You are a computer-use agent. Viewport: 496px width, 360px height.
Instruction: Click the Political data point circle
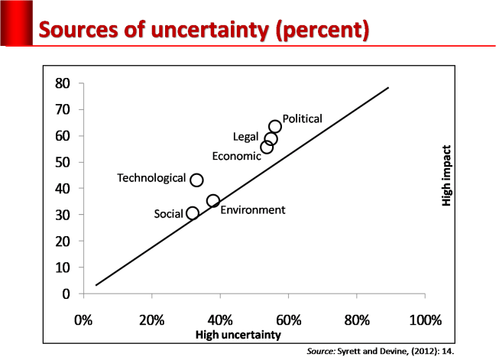pyautogui.click(x=275, y=126)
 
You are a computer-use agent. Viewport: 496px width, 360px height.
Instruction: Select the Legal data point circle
pyautogui.click(x=271, y=138)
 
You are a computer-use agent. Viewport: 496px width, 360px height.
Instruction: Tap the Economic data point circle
pyautogui.click(x=267, y=147)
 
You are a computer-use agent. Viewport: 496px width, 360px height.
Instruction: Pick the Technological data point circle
pyautogui.click(x=196, y=180)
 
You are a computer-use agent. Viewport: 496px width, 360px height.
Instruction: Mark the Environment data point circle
pyautogui.click(x=213, y=200)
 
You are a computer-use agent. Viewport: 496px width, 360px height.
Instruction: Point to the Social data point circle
pyautogui.click(x=193, y=213)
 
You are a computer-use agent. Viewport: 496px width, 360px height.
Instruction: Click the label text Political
pyautogui.click(x=303, y=118)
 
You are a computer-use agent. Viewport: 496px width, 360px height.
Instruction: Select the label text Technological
pyautogui.click(x=151, y=178)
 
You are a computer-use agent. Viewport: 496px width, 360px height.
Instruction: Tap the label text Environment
pyautogui.click(x=252, y=210)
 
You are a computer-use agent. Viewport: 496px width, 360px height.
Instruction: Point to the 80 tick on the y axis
pyautogui.click(x=63, y=83)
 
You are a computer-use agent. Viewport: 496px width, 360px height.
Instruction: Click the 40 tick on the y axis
pyautogui.click(x=63, y=189)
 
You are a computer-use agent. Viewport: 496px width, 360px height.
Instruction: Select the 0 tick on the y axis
pyautogui.click(x=66, y=294)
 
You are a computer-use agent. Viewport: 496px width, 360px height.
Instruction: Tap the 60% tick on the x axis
pyautogui.click(x=288, y=319)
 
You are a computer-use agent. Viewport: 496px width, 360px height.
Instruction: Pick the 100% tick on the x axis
pyautogui.click(x=425, y=319)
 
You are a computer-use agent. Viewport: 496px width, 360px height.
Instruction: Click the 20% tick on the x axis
pyautogui.click(x=151, y=319)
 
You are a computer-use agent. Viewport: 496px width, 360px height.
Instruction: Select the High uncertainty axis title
pyautogui.click(x=238, y=335)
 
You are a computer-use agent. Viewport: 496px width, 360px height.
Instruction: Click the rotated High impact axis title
pyautogui.click(x=447, y=177)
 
